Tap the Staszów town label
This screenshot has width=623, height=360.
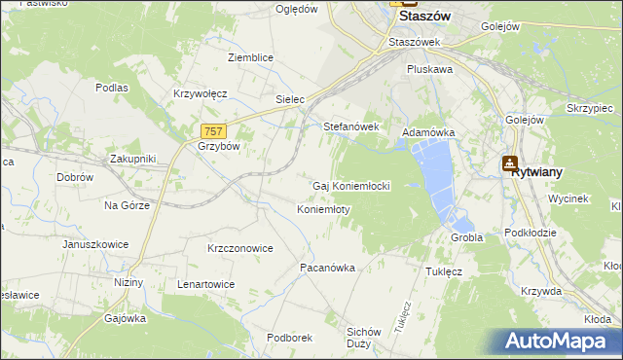click(x=427, y=17)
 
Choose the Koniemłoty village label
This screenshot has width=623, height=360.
click(x=322, y=210)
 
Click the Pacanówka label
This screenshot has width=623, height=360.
click(x=326, y=267)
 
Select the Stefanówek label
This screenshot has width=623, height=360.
click(x=350, y=126)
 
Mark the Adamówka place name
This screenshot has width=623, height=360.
click(x=428, y=131)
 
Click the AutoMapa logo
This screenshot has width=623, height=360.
click(x=562, y=341)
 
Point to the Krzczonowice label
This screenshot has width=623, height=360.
click(x=239, y=248)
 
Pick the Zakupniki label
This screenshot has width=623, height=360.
click(x=132, y=158)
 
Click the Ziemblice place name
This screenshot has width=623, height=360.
click(x=250, y=57)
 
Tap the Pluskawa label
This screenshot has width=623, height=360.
click(x=429, y=70)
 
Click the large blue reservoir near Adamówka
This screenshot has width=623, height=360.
click(x=436, y=175)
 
